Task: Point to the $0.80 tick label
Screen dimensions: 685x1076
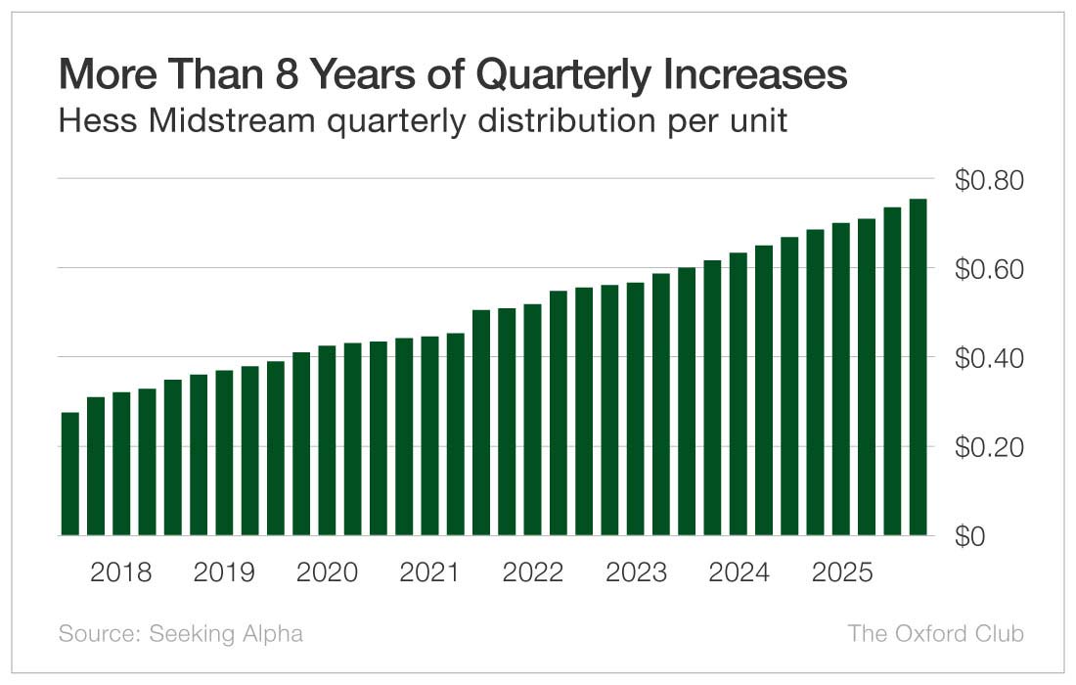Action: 988,181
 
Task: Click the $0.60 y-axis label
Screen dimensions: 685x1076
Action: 988,270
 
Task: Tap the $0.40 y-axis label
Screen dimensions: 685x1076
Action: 988,359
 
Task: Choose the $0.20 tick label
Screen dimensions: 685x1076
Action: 988,448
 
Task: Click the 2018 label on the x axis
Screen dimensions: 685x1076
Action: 121,572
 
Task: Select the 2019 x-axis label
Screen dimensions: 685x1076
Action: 224,572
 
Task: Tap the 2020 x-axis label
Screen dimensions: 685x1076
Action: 327,572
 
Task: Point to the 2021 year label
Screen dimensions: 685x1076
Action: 429,572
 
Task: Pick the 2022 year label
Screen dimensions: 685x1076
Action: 533,572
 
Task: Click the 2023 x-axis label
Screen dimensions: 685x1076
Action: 636,572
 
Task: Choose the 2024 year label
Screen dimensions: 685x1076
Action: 739,572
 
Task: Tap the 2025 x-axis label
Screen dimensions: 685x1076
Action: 841,572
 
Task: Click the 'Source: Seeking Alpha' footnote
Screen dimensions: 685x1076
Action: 181,634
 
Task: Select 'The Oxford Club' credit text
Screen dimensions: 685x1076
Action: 935,634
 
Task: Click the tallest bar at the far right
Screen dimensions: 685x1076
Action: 918,367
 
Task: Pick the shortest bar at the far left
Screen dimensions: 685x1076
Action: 70,475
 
